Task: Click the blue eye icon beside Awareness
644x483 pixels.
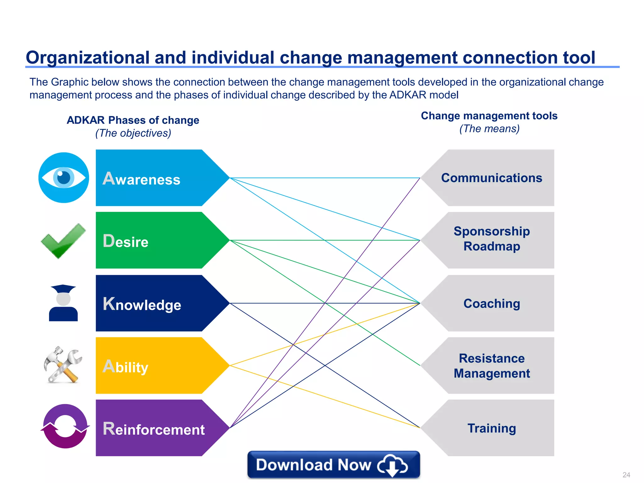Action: [x=64, y=178]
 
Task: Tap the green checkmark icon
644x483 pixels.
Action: [x=63, y=241]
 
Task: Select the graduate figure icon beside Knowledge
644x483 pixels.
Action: [x=63, y=303]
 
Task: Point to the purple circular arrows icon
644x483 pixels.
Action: [x=65, y=426]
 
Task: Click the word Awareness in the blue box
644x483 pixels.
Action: [x=142, y=179]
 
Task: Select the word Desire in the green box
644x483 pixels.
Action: [x=125, y=241]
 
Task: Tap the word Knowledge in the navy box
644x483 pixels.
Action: [x=142, y=304]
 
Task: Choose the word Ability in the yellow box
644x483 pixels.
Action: [x=125, y=367]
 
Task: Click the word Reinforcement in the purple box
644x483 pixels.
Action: [x=154, y=429]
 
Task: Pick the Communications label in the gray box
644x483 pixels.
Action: [x=491, y=178]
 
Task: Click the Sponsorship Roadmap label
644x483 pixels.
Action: [x=491, y=239]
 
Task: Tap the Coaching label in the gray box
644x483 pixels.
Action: [x=491, y=304]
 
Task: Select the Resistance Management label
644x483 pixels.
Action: [x=491, y=366]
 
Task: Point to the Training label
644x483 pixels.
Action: [x=491, y=428]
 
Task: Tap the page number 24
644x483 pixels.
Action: [x=626, y=475]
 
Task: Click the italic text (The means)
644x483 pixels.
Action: [x=489, y=129]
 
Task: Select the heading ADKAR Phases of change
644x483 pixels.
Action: [x=133, y=120]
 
